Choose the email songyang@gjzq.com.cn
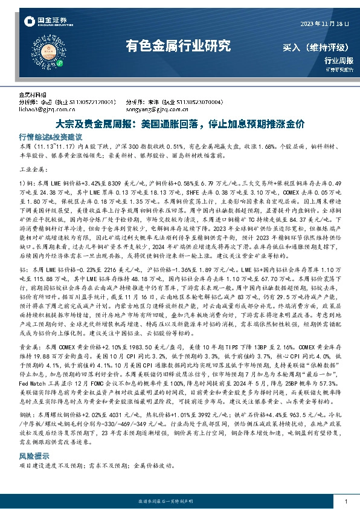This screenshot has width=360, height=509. pos(153,109)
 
